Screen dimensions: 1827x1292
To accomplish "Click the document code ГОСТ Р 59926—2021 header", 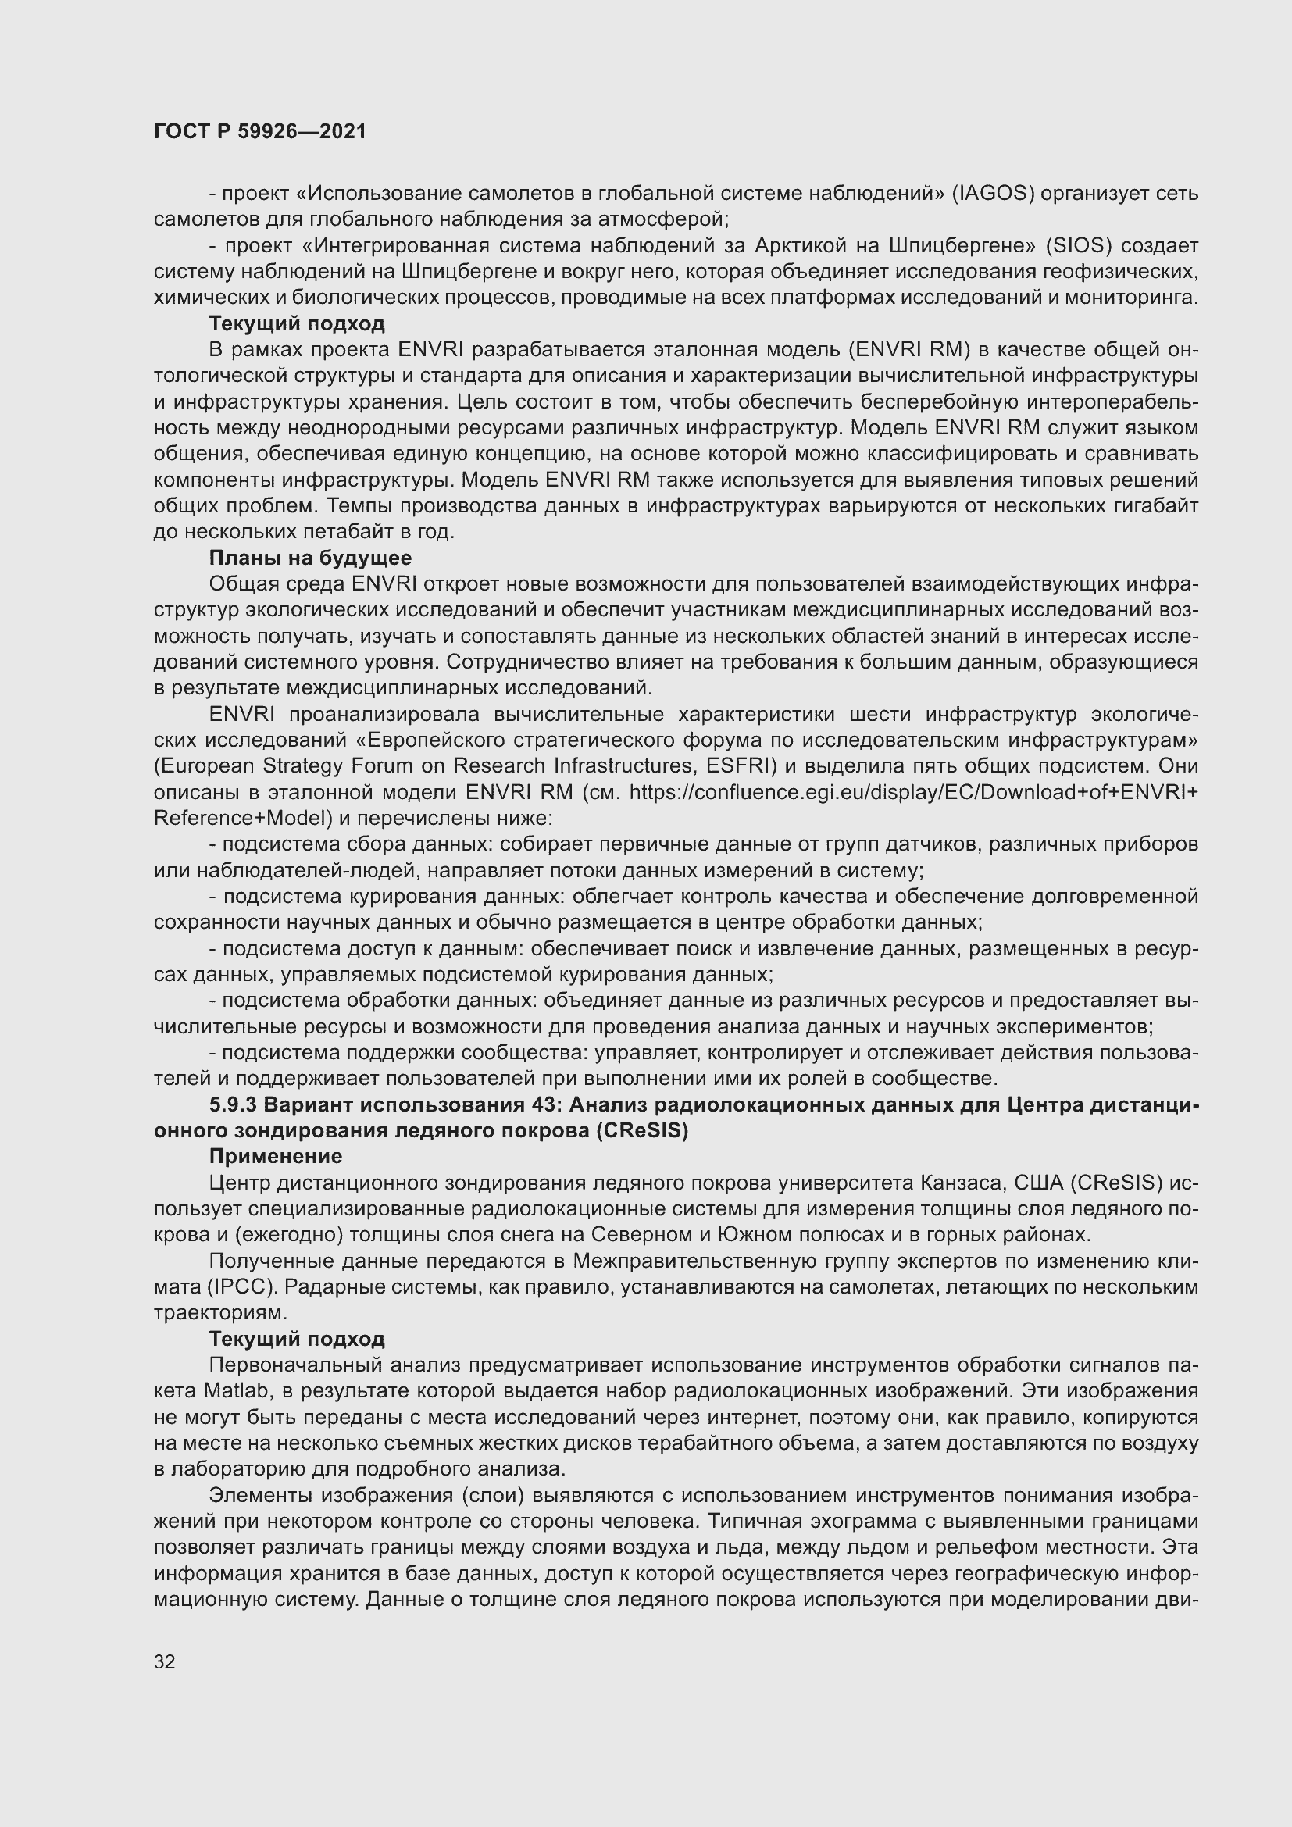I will (x=260, y=131).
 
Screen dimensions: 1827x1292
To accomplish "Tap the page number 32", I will (x=164, y=1661).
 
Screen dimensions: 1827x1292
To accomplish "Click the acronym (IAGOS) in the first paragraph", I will (x=993, y=194).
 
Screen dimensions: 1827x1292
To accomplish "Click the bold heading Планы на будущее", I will (x=309, y=558).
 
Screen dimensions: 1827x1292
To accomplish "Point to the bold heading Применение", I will (x=275, y=1156).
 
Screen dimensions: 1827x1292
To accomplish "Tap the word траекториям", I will (x=219, y=1312).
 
